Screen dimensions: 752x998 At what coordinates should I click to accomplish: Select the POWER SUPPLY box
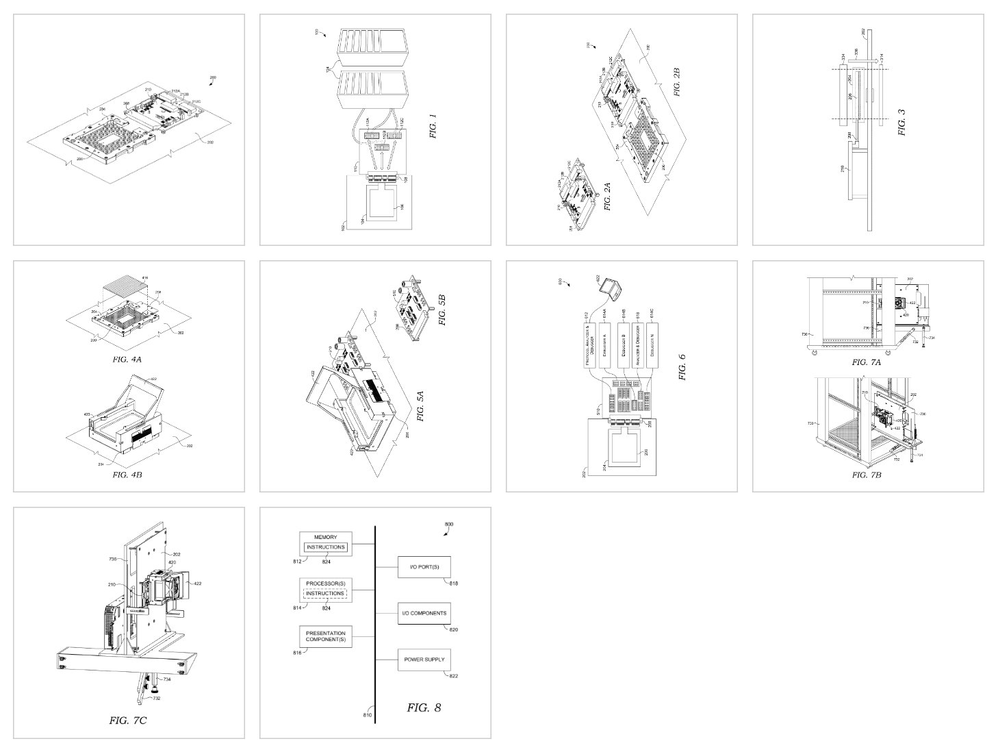click(x=424, y=660)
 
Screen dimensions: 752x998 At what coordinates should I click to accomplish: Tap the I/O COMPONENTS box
click(x=424, y=613)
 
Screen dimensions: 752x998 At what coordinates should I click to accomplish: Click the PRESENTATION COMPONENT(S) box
click(x=326, y=636)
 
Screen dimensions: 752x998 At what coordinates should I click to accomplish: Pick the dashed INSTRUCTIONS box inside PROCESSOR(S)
click(x=326, y=593)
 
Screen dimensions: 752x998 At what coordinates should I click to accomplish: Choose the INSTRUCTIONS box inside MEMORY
click(x=326, y=547)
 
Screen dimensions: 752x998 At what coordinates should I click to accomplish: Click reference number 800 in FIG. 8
click(x=448, y=524)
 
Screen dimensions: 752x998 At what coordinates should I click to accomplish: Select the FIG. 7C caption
click(x=128, y=720)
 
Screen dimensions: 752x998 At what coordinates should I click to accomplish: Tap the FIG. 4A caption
click(x=127, y=358)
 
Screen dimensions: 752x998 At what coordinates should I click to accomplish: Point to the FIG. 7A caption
click(x=866, y=362)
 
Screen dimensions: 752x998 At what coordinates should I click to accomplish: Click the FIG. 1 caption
click(x=433, y=125)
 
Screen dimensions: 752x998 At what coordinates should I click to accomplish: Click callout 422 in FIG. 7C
click(x=198, y=584)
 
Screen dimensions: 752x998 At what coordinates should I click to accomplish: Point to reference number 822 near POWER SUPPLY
click(x=453, y=676)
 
